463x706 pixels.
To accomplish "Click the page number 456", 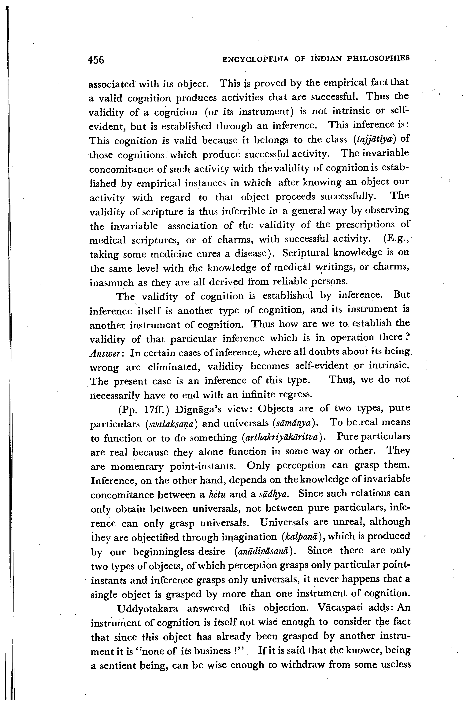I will coord(96,60).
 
